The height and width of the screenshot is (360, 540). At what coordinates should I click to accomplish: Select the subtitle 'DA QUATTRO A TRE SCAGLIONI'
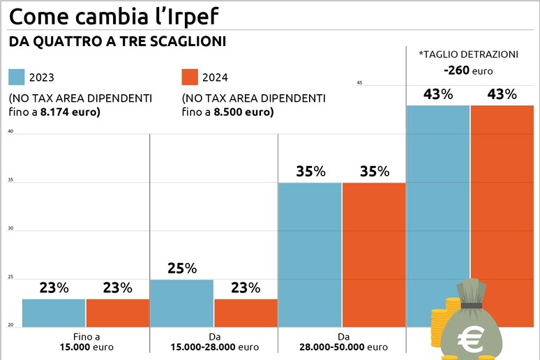click(x=117, y=42)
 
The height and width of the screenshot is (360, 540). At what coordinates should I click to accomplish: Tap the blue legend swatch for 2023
click(x=17, y=77)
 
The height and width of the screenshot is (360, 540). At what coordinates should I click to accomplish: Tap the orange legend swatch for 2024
click(x=190, y=77)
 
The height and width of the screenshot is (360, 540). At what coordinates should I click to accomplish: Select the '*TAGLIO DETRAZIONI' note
click(x=468, y=54)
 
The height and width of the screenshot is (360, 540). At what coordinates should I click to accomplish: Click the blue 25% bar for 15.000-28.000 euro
click(x=181, y=303)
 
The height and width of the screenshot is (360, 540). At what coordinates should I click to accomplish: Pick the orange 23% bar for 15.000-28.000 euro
click(x=246, y=313)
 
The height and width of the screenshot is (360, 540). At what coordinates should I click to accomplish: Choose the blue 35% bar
click(x=310, y=254)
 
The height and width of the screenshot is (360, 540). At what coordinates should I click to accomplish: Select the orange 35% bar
click(x=374, y=254)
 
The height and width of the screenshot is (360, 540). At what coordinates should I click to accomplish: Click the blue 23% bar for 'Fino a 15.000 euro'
click(x=54, y=313)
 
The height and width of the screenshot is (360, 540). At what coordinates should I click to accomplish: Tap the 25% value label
click(x=181, y=268)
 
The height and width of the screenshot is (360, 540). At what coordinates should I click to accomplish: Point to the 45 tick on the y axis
click(x=360, y=83)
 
